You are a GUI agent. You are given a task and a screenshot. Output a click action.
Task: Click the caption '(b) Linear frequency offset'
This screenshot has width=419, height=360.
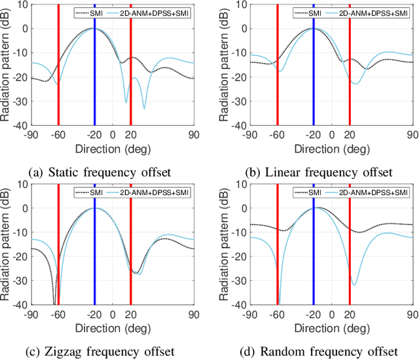pyautogui.click(x=318, y=172)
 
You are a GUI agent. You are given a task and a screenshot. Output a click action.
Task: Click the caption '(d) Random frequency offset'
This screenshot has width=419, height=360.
pyautogui.click(x=318, y=351)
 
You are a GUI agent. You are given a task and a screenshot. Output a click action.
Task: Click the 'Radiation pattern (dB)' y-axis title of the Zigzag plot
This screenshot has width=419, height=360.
pyautogui.click(x=6, y=243)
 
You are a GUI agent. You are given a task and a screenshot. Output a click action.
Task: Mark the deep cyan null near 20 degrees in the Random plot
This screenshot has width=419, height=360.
pyautogui.click(x=354, y=284)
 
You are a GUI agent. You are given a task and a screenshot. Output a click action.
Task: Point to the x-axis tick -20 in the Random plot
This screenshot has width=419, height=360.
pyautogui.click(x=313, y=314)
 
